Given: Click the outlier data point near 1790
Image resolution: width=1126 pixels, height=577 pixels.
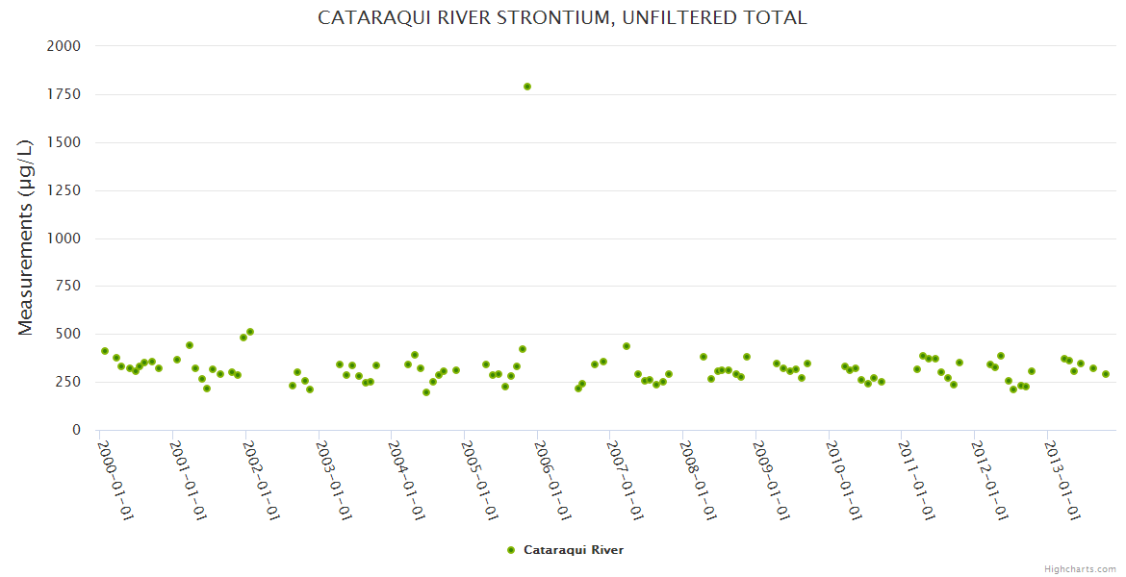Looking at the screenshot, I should coord(527,87).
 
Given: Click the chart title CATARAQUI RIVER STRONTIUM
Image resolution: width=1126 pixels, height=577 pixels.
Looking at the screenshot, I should coord(562,18).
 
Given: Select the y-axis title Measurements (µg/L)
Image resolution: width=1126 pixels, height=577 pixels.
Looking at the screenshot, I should coord(26,238).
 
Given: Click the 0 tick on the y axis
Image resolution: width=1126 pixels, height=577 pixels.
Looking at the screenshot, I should coord(76,430).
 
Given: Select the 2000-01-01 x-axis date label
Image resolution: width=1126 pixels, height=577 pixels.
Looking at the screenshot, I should coord(115,480).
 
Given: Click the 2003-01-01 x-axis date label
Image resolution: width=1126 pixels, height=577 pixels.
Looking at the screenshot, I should coord(334,480).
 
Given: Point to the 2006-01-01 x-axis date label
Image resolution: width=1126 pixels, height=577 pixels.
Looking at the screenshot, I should coord(552,480).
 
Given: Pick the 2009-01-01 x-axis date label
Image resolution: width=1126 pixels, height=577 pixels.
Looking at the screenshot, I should coord(771,480).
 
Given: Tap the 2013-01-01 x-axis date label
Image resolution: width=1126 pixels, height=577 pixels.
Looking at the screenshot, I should coord(1062,480).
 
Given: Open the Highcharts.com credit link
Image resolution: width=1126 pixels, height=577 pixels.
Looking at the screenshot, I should coord(1080,568).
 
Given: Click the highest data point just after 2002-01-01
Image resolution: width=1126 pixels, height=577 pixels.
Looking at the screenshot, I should coord(250,332).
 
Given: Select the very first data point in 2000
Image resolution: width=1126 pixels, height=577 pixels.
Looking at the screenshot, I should coord(105,351).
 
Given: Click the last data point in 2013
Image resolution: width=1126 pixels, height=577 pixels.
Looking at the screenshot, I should coord(1106,374).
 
